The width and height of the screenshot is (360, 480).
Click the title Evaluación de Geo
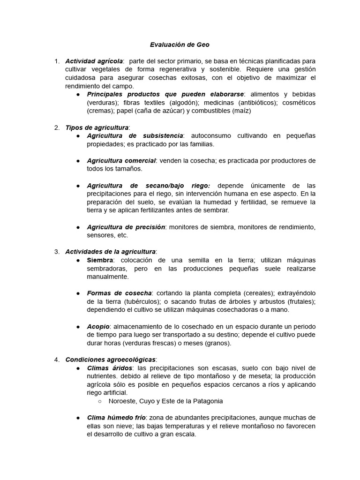pos(180,45)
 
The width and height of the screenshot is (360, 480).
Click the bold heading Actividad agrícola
pos(94,61)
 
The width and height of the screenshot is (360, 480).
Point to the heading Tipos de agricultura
pos(97,127)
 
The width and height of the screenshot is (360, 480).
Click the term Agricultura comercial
pos(121,161)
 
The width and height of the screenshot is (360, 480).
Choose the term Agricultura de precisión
pos(126,227)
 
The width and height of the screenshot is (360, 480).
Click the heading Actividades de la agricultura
pos(111,252)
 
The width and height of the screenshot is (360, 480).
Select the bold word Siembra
pos(100,260)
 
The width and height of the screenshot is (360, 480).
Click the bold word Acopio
pos(98,326)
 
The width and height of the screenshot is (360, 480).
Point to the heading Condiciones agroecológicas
pos(110,360)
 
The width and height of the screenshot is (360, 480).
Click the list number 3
pos(57,252)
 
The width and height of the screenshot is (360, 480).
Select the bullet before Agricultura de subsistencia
pos(78,136)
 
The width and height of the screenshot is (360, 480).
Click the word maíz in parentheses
pos(243,111)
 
